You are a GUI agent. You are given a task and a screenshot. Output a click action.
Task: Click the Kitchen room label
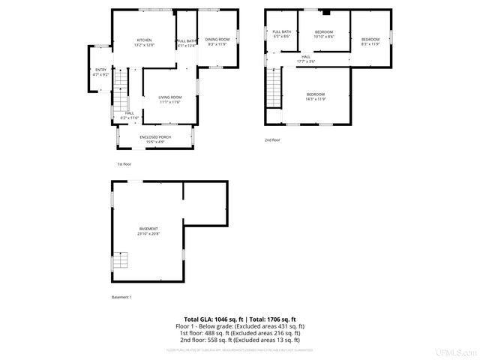pos(144,42)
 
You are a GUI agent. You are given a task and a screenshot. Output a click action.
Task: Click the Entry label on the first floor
pos(100,72)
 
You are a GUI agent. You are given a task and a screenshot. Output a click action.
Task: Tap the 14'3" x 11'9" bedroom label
pos(315,97)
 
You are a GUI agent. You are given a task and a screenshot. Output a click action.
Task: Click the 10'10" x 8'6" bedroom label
pos(324,34)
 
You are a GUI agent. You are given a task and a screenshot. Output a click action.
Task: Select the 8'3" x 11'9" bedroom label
pos(370,41)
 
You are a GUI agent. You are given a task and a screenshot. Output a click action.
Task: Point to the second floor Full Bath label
pos(281,34)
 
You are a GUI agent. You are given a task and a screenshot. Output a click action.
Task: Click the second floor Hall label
pos(306,59)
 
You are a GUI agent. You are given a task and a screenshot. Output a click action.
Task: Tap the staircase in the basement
pos(120,262)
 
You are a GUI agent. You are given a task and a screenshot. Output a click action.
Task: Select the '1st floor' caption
pos(124,163)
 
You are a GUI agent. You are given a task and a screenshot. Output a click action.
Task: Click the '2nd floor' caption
pos(272,139)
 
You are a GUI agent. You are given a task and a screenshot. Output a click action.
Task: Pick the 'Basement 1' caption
pos(121,297)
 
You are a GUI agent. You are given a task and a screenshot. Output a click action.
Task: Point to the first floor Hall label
pos(130,115)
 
